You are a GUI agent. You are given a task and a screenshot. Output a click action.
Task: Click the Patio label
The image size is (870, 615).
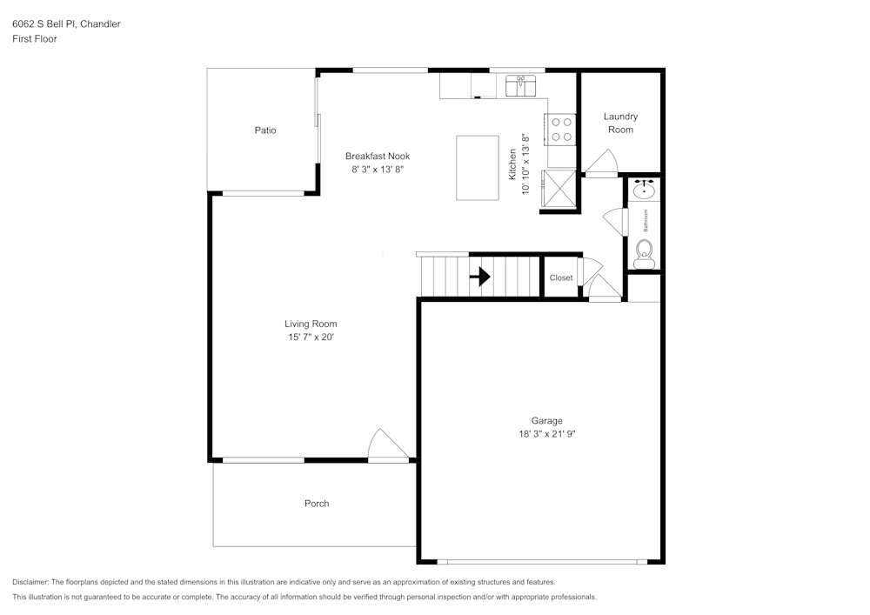pyautogui.click(x=265, y=130)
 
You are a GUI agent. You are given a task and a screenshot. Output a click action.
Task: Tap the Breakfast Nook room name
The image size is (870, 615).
pyautogui.click(x=377, y=157)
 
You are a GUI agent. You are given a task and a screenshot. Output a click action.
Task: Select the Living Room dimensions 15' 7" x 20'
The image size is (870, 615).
pyautogui.click(x=311, y=337)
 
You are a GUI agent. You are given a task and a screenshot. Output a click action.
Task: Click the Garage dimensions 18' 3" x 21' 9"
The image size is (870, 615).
pyautogui.click(x=547, y=433)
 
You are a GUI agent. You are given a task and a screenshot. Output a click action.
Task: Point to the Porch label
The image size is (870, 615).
pyautogui.click(x=317, y=504)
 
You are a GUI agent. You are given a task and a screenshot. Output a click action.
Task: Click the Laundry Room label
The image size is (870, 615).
pyautogui.click(x=620, y=123)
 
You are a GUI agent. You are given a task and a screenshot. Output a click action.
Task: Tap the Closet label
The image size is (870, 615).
pyautogui.click(x=561, y=278)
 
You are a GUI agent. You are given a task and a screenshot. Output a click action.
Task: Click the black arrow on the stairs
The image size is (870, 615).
pyautogui.click(x=480, y=277)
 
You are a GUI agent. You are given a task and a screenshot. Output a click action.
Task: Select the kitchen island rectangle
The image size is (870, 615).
pyautogui.click(x=478, y=168)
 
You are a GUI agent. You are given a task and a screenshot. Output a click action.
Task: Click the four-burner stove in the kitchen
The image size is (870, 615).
pyautogui.click(x=562, y=130)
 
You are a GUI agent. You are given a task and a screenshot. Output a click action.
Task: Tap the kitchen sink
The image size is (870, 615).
pyautogui.click(x=521, y=85)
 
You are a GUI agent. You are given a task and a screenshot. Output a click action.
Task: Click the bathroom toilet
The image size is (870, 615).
pyautogui.click(x=645, y=253)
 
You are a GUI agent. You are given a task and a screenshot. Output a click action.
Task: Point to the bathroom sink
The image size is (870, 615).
pyautogui.click(x=645, y=188)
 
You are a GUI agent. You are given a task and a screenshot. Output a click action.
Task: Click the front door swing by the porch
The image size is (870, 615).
pyautogui.click(x=388, y=445)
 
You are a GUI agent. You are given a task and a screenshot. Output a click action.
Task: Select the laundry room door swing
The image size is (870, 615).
pyautogui.click(x=600, y=163)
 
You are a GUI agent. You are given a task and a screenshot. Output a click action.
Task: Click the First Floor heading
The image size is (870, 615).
pyautogui.click(x=35, y=39)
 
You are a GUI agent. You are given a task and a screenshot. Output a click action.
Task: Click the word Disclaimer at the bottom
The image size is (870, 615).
pyautogui.click(x=30, y=582)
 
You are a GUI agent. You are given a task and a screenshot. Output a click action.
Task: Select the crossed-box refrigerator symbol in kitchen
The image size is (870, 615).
pyautogui.click(x=560, y=188)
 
